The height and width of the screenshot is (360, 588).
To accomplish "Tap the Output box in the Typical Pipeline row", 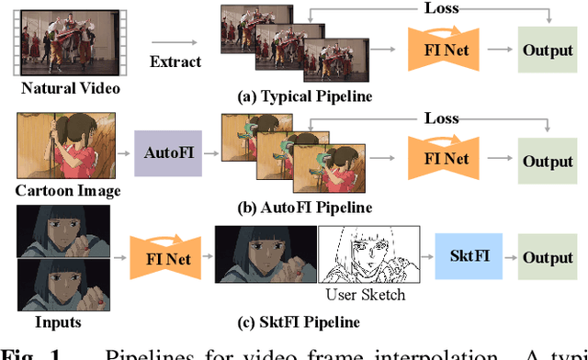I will [548, 51].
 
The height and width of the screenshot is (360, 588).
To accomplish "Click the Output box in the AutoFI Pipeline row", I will [548, 161].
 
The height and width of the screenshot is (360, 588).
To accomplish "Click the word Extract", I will [175, 62].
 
